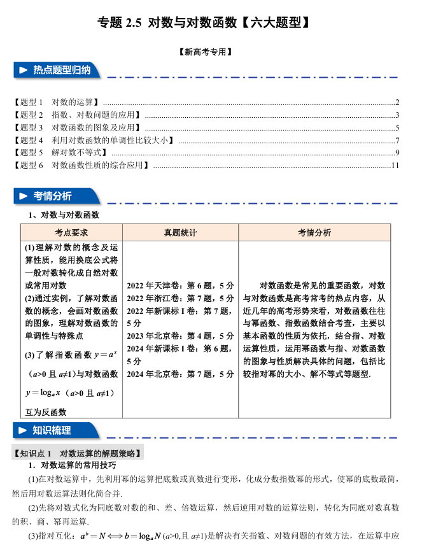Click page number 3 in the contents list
397,115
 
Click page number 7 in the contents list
397,140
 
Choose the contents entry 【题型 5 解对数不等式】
60,153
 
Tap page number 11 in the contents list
395,166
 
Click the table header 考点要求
71,233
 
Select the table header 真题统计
180,233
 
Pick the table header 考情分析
314,233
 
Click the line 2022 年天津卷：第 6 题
180,286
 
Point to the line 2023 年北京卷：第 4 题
180,336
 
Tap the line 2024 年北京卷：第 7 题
180,374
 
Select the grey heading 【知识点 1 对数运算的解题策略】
77,453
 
